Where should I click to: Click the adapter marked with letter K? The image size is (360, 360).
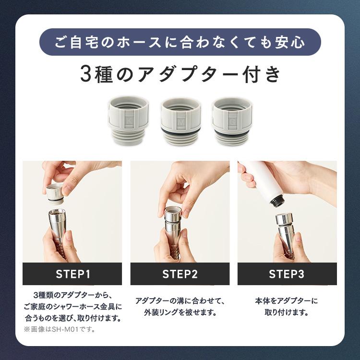point(128,120)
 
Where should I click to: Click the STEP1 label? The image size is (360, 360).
point(73,274)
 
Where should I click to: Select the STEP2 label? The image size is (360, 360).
point(180,274)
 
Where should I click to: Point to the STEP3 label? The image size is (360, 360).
point(287,274)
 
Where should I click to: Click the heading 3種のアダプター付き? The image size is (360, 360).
point(180,74)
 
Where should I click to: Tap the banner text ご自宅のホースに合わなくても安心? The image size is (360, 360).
point(180,42)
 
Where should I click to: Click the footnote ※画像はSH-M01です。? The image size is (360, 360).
point(60,329)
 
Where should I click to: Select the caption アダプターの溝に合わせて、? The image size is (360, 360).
point(180,301)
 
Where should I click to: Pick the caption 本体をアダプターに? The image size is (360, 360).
point(286,301)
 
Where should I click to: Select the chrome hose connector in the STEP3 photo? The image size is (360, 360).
point(285,233)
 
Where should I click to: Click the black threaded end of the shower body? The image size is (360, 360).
point(277,202)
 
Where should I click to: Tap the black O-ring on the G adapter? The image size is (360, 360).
point(232,134)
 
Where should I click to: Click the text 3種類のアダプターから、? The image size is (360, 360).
point(73,295)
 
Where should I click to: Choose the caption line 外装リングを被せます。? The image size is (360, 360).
point(180,312)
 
